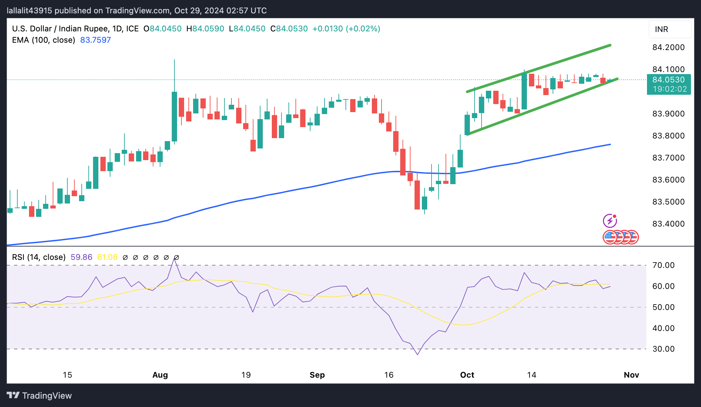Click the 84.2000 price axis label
tap(668, 47)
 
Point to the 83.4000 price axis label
tap(668, 224)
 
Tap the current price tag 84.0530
tap(668, 80)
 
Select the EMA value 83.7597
tap(95, 40)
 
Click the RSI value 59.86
tap(81, 257)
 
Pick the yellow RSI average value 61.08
tap(107, 257)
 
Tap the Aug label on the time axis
tap(160, 375)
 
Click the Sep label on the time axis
tap(317, 375)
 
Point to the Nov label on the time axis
tap(631, 375)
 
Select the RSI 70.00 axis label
tap(663, 265)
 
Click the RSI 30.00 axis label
tap(663, 349)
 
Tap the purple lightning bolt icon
tap(610, 221)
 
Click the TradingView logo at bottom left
tap(39, 396)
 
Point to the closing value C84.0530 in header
tap(289, 29)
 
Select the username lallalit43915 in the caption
tap(29, 11)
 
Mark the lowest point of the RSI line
tap(418, 355)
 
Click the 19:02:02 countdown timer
tap(670, 89)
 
